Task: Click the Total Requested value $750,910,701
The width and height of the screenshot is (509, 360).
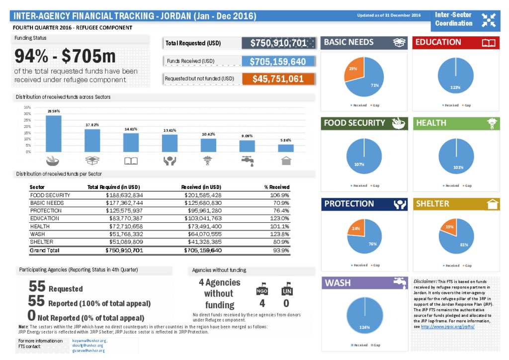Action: pyautogui.click(x=278, y=43)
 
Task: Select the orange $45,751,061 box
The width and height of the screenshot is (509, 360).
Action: pyautogui.click(x=278, y=79)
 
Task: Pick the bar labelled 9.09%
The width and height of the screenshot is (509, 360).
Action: pyautogui.click(x=247, y=146)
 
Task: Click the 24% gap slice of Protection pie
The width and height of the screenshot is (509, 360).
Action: pyautogui.click(x=356, y=229)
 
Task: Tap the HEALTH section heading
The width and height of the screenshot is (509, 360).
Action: pyautogui.click(x=431, y=123)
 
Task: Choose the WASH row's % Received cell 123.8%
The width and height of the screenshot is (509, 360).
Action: pyautogui.click(x=279, y=234)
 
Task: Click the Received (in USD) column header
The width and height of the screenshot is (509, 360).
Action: pyautogui.click(x=201, y=187)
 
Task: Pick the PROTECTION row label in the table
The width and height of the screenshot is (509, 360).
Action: pyautogui.click(x=45, y=210)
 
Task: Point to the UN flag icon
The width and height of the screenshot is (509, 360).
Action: pyautogui.click(x=287, y=288)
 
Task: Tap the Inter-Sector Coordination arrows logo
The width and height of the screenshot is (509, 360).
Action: pyautogui.click(x=489, y=19)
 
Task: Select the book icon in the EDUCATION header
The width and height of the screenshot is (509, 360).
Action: pyautogui.click(x=489, y=43)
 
